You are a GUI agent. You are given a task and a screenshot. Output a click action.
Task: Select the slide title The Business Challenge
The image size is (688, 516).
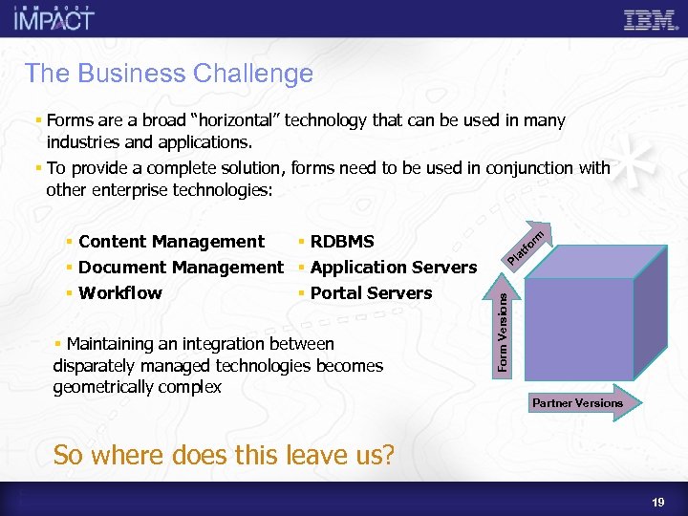pos(169,73)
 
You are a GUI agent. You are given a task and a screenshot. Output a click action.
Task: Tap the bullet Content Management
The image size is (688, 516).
pos(171,242)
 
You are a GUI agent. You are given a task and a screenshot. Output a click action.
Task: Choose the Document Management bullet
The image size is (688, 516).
pos(181,268)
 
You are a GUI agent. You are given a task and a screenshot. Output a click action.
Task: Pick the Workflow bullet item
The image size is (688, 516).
pos(120,293)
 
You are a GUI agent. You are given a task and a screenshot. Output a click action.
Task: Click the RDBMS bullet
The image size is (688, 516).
pos(342,242)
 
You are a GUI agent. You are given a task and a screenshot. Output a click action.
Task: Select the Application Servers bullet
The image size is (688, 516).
pos(393,268)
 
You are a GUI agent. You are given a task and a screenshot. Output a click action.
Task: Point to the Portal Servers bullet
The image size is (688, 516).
pos(371,293)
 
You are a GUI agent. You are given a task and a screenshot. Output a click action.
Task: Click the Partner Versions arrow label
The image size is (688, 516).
pos(577,403)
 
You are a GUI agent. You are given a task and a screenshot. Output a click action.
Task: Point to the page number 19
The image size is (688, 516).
pos(658,501)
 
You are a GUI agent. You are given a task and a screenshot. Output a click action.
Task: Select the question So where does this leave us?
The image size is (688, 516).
pos(224,455)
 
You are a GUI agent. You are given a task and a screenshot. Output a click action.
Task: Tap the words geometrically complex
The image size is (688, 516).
pos(138,387)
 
